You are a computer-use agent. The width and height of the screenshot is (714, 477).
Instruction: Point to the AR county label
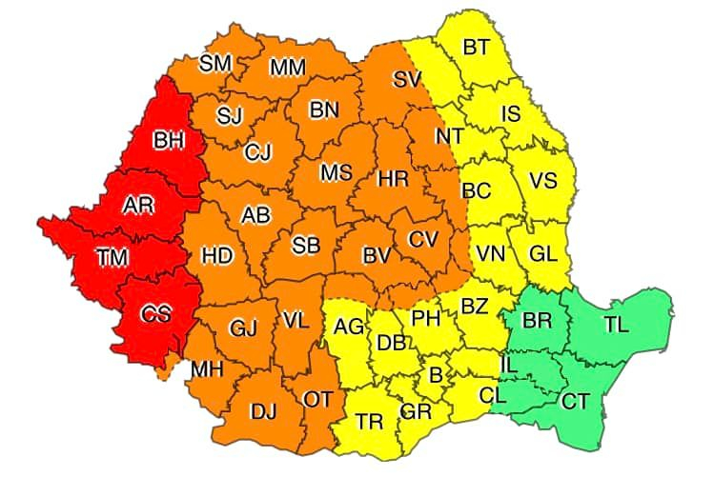[139, 204]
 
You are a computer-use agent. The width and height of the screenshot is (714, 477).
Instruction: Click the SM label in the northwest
[215, 63]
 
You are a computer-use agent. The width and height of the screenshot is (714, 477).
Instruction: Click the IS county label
[511, 114]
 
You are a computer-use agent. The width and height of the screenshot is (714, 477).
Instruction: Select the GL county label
[542, 254]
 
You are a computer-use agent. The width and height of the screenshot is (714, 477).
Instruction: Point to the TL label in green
[616, 324]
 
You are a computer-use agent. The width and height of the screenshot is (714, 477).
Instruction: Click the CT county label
[575, 402]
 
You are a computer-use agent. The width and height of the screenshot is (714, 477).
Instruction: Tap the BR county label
[538, 320]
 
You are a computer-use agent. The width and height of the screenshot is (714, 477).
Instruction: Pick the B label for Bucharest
[436, 375]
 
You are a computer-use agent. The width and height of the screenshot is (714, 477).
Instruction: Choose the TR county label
[370, 422]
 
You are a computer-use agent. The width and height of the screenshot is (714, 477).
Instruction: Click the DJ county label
[263, 411]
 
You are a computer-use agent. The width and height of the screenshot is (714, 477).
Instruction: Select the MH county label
[207, 368]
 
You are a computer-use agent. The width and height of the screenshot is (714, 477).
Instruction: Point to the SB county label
[305, 246]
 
